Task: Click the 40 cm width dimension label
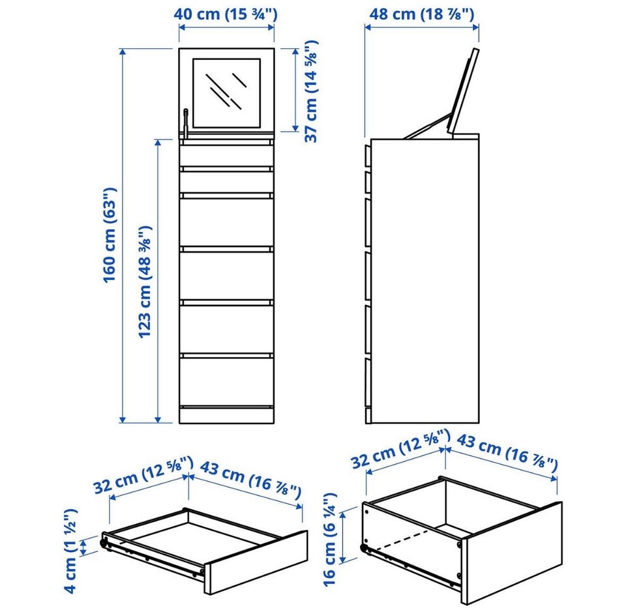click(x=226, y=14)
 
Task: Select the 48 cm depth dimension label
click(x=422, y=14)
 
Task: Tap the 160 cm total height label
click(x=110, y=235)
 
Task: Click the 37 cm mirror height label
click(x=310, y=91)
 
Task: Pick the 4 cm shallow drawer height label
click(x=70, y=551)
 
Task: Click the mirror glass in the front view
click(x=227, y=93)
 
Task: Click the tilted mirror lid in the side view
click(x=462, y=91)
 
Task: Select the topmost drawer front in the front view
click(x=226, y=156)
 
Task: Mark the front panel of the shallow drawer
click(x=256, y=562)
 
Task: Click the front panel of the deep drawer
click(x=512, y=553)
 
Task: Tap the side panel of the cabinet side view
click(x=425, y=281)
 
